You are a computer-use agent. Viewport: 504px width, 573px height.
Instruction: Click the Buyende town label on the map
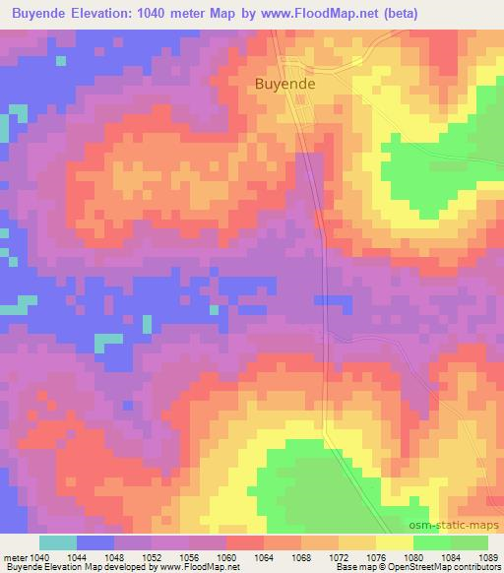point(285,85)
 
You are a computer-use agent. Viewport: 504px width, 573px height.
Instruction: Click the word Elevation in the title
point(105,14)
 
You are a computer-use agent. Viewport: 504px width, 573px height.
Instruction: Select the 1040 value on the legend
point(39,557)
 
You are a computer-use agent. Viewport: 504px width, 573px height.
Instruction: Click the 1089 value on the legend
point(488,557)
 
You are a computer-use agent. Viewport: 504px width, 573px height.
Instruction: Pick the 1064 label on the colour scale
point(263,557)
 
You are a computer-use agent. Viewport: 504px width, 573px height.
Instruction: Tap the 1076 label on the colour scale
point(375,557)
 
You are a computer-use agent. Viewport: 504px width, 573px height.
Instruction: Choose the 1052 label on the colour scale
point(152,557)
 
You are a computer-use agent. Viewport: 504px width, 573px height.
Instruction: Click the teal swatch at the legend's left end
point(58,543)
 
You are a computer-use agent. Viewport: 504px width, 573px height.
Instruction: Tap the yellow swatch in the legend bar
point(394,543)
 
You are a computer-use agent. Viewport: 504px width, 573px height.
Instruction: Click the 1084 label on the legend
point(450,557)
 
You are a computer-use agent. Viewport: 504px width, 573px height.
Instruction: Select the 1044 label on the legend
point(77,557)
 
